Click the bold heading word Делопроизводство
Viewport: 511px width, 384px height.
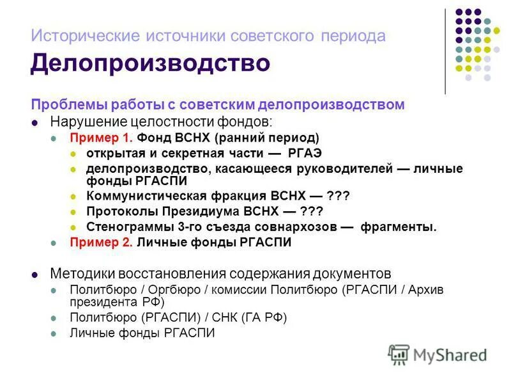coord(150,64)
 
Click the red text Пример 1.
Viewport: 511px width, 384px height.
coord(102,137)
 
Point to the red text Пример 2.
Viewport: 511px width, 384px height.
coord(102,243)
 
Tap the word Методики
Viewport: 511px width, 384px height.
coord(78,273)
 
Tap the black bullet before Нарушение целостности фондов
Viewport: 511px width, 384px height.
coord(36,122)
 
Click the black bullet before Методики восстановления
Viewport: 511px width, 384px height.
coord(36,274)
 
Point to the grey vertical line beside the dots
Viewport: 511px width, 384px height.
coord(445,51)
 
